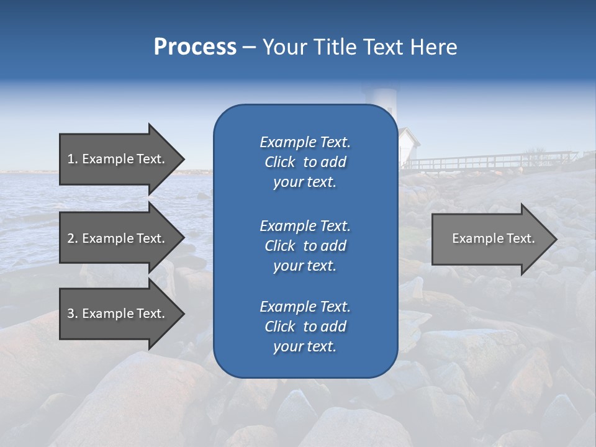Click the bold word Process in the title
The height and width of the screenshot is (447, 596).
tap(195, 47)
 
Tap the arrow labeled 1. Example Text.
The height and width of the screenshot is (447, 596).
tap(116, 159)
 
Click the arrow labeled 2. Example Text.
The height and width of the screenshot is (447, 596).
tap(116, 238)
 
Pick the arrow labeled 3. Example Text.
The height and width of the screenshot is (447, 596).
tap(116, 314)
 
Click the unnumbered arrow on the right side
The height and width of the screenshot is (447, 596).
tap(494, 238)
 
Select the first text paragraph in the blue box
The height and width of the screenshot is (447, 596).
tap(305, 162)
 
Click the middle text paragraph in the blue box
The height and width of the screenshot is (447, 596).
tap(305, 245)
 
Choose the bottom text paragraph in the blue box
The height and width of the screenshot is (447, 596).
tap(305, 327)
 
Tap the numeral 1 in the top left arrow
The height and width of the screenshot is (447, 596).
tap(71, 159)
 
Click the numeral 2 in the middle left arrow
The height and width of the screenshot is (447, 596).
tap(71, 238)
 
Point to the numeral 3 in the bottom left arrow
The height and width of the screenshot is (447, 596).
tap(71, 314)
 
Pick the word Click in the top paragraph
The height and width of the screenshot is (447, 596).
tap(280, 162)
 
